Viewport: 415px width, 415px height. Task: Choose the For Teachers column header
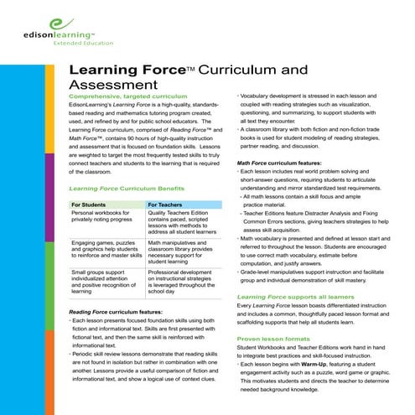[164, 204]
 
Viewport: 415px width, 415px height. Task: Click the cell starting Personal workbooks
[103, 217]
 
